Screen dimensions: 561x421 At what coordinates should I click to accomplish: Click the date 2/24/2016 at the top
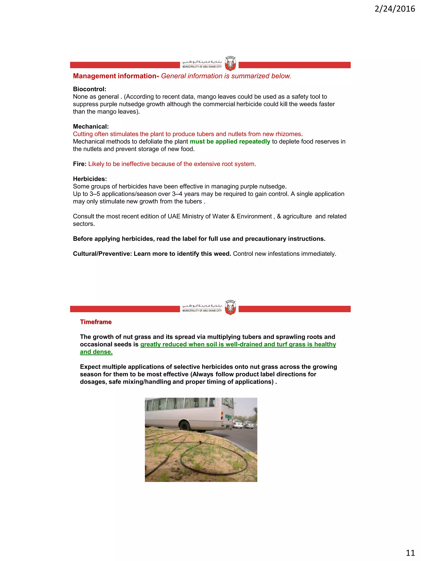(395, 9)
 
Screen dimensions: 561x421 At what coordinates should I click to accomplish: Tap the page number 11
(410, 552)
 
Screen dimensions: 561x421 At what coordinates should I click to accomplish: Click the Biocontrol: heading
(90, 89)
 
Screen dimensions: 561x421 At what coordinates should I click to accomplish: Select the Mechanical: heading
(91, 127)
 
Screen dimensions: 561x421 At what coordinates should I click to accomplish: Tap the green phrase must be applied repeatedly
(230, 142)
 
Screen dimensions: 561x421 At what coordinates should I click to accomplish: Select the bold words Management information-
(116, 76)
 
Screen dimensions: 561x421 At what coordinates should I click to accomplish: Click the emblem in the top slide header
(230, 63)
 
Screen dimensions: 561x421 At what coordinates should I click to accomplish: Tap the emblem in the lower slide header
(230, 307)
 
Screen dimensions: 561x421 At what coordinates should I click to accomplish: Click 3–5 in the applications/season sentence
(95, 194)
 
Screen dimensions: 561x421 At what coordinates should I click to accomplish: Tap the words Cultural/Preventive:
(102, 254)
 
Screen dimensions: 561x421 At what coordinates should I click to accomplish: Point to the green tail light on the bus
(228, 417)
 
